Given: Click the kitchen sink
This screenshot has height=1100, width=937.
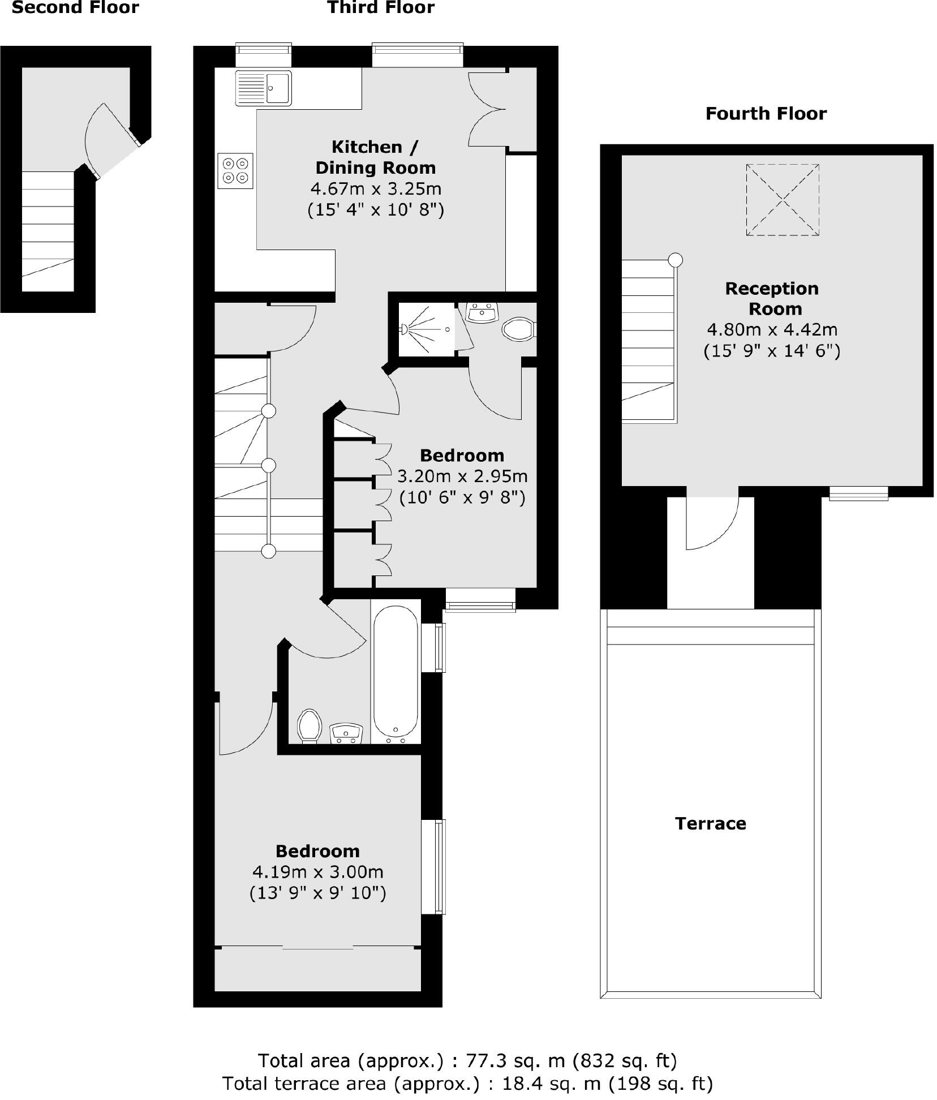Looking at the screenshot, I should click(x=263, y=88).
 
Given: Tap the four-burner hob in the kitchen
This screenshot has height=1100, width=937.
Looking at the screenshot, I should click(x=235, y=170).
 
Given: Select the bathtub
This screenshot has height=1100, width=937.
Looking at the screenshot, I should click(x=396, y=673).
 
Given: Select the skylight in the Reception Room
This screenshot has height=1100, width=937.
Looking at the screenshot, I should click(x=782, y=200).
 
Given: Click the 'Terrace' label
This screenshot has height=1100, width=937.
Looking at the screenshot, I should click(x=710, y=823).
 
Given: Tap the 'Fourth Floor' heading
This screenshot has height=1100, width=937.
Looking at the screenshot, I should click(x=766, y=114).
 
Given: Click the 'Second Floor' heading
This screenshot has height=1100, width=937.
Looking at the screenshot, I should click(x=75, y=8).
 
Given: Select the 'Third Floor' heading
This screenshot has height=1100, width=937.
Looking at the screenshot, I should click(x=381, y=8).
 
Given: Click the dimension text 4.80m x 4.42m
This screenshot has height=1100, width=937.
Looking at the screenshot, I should click(x=772, y=329).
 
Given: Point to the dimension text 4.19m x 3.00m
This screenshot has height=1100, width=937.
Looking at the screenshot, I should click(x=317, y=872).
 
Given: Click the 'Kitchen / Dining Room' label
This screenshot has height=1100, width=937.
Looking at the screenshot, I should click(x=376, y=157).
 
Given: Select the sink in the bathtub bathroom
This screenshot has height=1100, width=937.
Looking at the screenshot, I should click(x=346, y=733).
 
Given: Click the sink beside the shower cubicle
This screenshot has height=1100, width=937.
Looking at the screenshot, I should click(x=482, y=311).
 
